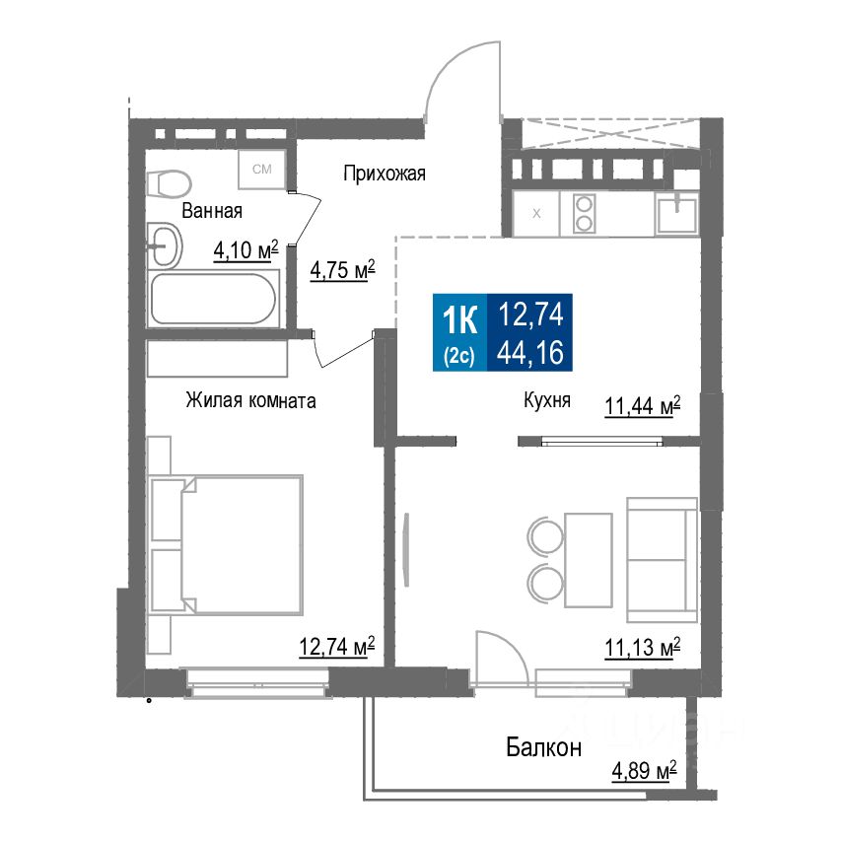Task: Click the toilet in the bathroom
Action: tap(171, 183)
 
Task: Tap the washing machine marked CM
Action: tap(262, 170)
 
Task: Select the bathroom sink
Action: tap(164, 245)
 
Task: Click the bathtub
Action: tap(213, 299)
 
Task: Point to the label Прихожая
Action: tap(384, 175)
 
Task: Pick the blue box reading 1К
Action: tap(460, 333)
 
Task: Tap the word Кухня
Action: tap(547, 401)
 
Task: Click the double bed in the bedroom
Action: tap(227, 543)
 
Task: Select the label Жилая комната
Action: tap(250, 401)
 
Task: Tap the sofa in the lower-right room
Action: tap(662, 557)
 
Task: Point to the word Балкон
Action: tap(544, 746)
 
